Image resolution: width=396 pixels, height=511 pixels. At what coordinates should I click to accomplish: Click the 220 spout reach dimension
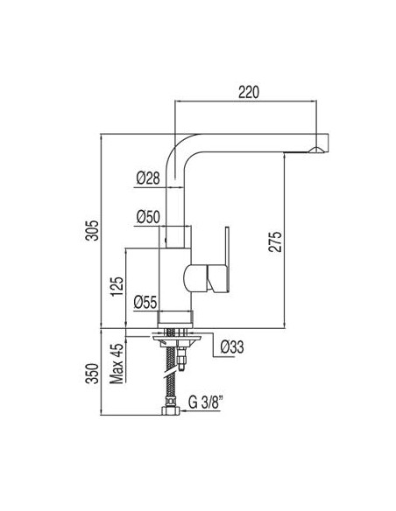(249, 92)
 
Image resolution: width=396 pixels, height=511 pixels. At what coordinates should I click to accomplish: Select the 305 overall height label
(92, 230)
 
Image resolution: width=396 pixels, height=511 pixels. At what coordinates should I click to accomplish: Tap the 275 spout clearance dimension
(274, 241)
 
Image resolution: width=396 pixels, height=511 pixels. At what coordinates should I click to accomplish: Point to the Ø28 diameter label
(148, 178)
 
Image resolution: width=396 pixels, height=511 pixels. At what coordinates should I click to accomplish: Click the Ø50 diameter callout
(148, 217)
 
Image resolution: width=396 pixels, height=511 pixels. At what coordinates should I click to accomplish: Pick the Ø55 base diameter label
(145, 303)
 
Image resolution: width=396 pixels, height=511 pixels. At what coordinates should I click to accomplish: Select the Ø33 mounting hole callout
(232, 346)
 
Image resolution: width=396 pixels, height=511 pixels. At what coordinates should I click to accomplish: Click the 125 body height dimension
(117, 286)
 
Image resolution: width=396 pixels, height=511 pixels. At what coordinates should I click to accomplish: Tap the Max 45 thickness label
(117, 363)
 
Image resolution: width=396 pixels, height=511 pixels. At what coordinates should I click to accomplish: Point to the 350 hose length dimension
(92, 374)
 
